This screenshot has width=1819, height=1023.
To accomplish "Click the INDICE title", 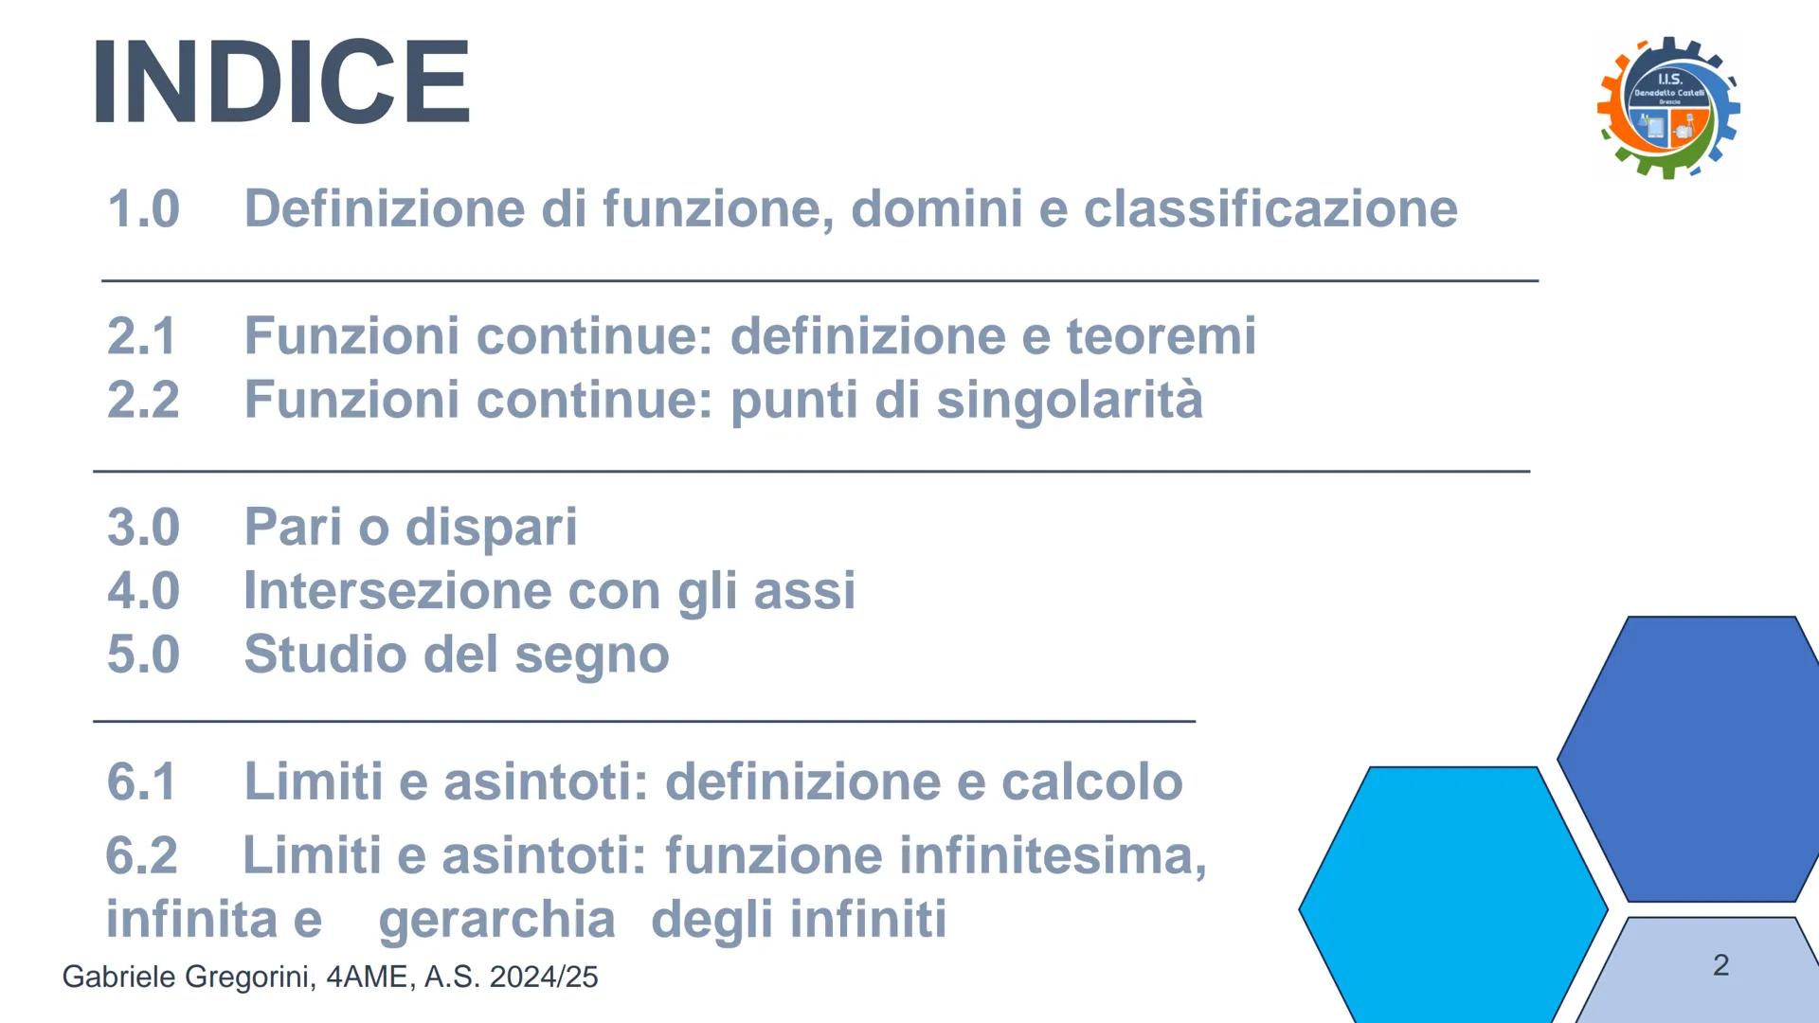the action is pyautogui.click(x=281, y=81).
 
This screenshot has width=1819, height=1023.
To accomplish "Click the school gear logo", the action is pyautogui.click(x=1668, y=107).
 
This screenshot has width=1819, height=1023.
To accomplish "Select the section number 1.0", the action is pyautogui.click(x=143, y=209).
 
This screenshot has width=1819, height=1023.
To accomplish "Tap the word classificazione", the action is pyautogui.click(x=1270, y=208).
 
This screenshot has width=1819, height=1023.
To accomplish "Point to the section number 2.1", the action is pyautogui.click(x=142, y=336).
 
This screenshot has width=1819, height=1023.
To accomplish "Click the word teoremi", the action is pyautogui.click(x=1162, y=336).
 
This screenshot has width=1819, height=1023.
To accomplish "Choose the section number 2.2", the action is pyautogui.click(x=143, y=400).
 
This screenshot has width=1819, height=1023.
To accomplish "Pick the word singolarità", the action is pyautogui.click(x=1070, y=400).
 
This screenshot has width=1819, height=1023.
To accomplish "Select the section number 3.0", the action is pyautogui.click(x=143, y=527).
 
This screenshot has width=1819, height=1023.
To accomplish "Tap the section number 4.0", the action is pyautogui.click(x=143, y=590).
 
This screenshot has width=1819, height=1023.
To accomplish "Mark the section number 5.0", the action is pyautogui.click(x=143, y=654).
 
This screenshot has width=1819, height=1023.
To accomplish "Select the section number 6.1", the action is pyautogui.click(x=142, y=781).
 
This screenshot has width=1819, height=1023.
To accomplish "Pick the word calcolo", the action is pyautogui.click(x=1091, y=781).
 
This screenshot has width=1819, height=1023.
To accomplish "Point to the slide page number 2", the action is pyautogui.click(x=1721, y=965).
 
